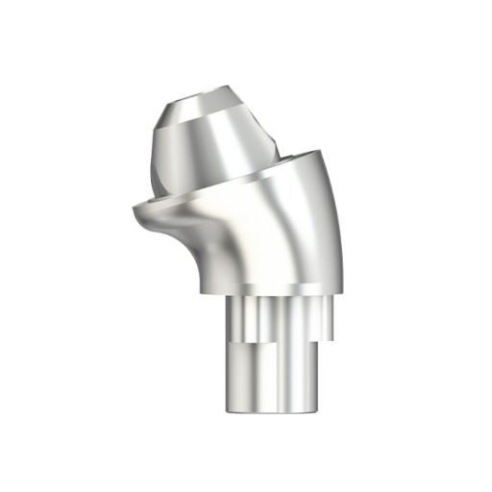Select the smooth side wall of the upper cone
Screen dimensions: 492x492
[x=211, y=144]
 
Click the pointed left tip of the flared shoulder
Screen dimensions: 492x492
[x=132, y=208]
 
